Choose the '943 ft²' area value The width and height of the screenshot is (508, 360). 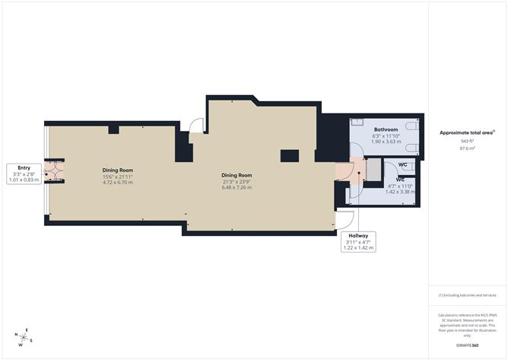click(466, 141)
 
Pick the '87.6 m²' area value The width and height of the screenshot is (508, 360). click(466, 149)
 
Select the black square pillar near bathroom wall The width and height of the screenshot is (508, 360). click(288, 155)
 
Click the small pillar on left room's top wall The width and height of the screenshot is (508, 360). click(113, 129)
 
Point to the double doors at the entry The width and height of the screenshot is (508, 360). click(54, 173)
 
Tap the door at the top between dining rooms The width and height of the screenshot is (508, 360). click(197, 126)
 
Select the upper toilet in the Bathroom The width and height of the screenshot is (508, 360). click(411, 126)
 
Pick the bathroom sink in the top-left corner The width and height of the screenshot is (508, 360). click(355, 122)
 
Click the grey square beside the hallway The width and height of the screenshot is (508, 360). click(373, 170)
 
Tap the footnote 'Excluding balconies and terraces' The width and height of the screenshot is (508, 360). click(466, 295)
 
